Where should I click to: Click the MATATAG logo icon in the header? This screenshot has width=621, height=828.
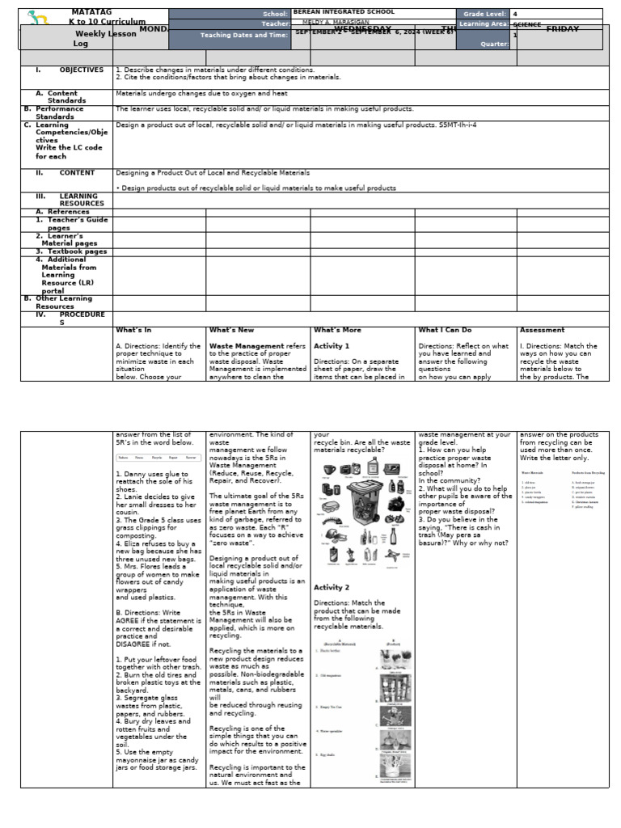coord(38,17)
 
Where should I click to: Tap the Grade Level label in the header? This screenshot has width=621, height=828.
coord(483,14)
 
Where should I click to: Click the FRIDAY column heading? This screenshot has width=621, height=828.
coord(562,30)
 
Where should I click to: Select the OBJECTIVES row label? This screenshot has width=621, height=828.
coord(81,70)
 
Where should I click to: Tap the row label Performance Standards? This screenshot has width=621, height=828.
coord(59,112)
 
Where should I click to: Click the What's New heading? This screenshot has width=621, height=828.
coord(231,330)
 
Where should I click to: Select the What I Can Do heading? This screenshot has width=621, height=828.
coord(445,330)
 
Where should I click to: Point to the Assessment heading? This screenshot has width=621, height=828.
coord(542,330)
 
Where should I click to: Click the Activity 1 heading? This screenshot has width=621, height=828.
coord(332,345)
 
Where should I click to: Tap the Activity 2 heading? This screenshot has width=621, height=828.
coord(332,588)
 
